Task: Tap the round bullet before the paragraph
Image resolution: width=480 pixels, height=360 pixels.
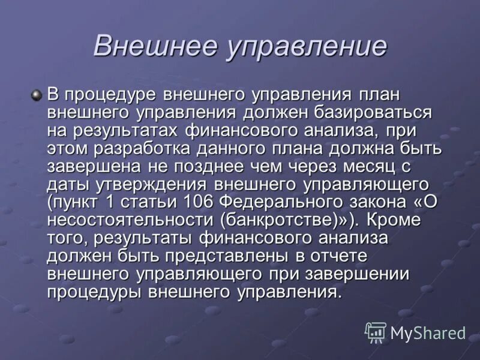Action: tap(38, 95)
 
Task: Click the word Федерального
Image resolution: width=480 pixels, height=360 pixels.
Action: tap(282, 203)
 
